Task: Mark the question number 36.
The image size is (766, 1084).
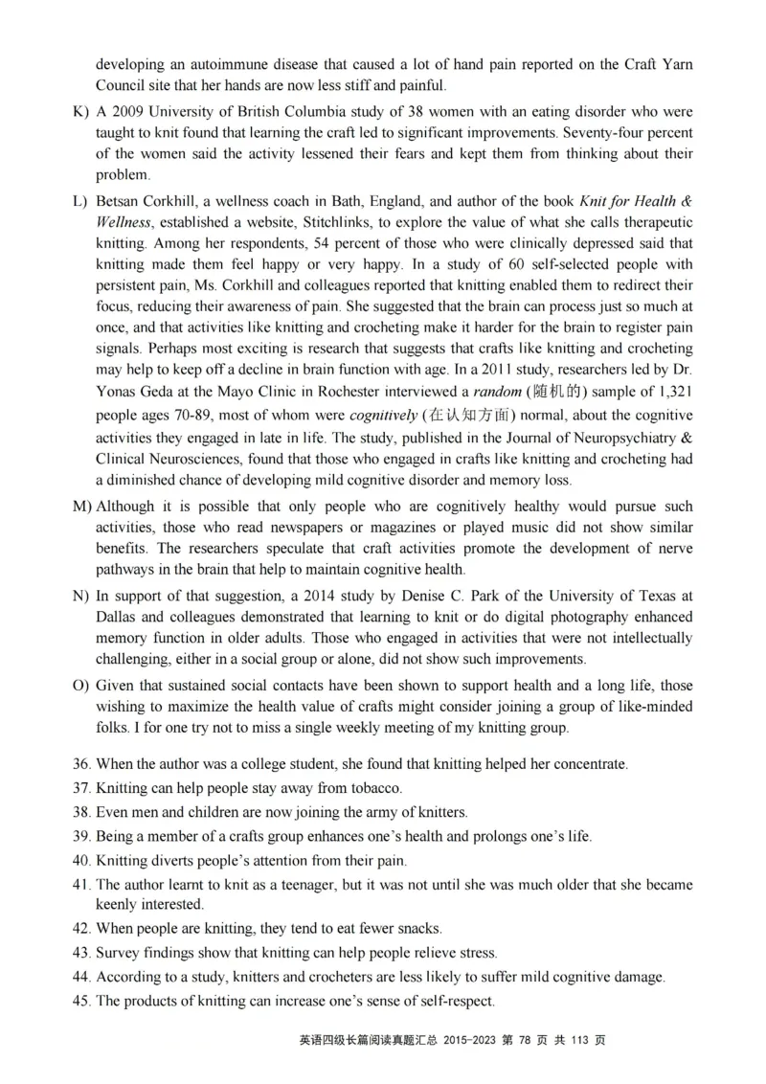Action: coord(81,765)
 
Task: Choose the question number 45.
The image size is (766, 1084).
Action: coord(81,1002)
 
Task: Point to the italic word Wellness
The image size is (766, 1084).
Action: coord(124,222)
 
